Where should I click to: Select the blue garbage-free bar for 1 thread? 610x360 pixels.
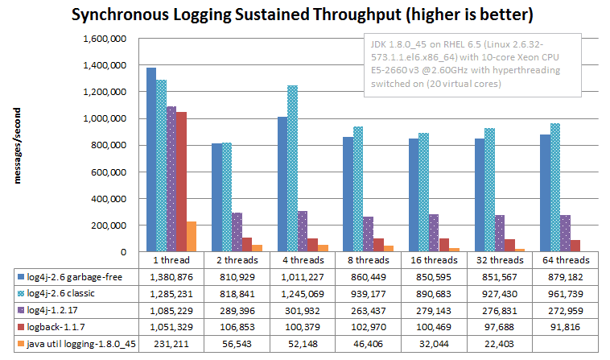[151, 159]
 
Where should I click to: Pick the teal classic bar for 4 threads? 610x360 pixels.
[292, 168]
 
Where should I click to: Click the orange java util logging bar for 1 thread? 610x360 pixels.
[192, 237]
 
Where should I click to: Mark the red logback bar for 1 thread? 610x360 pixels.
[181, 182]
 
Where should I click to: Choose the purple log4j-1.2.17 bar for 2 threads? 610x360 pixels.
[237, 232]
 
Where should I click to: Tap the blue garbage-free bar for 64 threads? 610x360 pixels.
[546, 193]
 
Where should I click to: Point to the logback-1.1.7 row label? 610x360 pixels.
[61, 326]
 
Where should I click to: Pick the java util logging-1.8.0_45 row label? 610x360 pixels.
[79, 343]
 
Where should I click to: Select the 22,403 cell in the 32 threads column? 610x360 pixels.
[495, 343]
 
